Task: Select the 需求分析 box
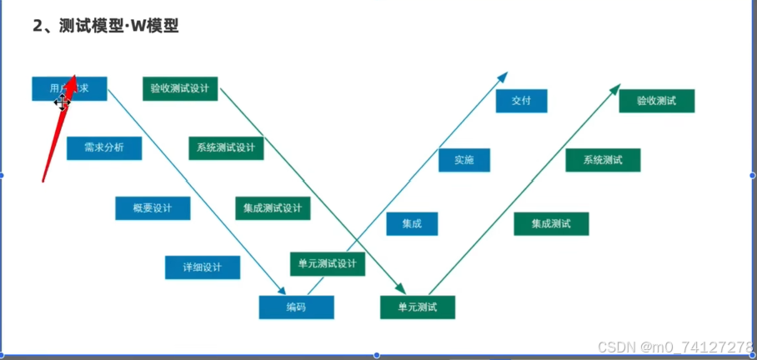pyautogui.click(x=103, y=148)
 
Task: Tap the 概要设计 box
pyautogui.click(x=153, y=208)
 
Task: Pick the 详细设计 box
pyautogui.click(x=203, y=267)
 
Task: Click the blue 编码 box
pyautogui.click(x=296, y=307)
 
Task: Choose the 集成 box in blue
pyautogui.click(x=412, y=223)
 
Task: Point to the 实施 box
pyautogui.click(x=464, y=160)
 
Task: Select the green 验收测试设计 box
pyautogui.click(x=180, y=88)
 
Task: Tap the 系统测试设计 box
pyautogui.click(x=226, y=148)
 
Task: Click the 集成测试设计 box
pyautogui.click(x=273, y=208)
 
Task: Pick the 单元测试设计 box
pyautogui.click(x=327, y=264)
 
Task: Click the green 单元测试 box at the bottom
pyautogui.click(x=418, y=307)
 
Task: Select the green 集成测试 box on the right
pyautogui.click(x=551, y=223)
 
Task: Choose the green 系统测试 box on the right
pyautogui.click(x=603, y=160)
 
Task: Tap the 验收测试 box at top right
pyautogui.click(x=656, y=101)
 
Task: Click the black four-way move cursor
pyautogui.click(x=62, y=102)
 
